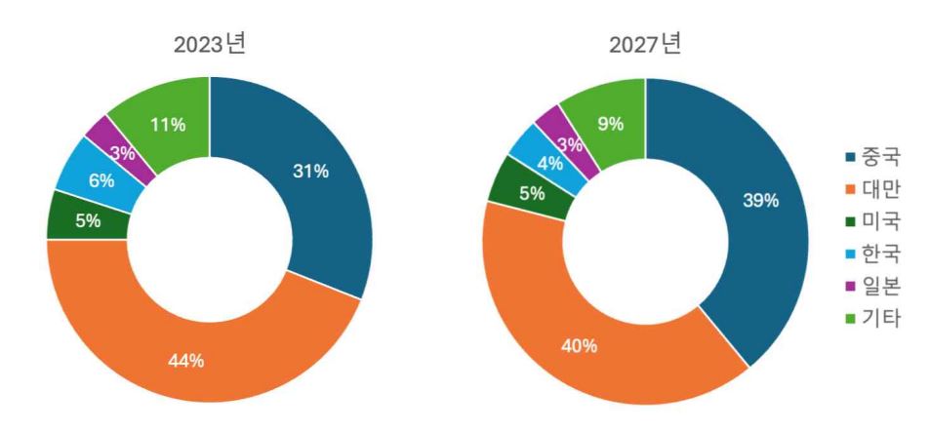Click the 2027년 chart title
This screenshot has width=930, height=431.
[x=645, y=44]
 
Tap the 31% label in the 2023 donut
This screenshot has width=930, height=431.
[x=311, y=172]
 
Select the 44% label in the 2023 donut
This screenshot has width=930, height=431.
[x=185, y=361]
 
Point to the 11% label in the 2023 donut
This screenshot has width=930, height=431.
[x=167, y=125]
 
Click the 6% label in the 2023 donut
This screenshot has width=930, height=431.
[x=101, y=180]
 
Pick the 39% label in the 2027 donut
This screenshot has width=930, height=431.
[x=760, y=201]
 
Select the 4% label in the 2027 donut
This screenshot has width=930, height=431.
[x=548, y=163]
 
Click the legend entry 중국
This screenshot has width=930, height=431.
[x=873, y=157]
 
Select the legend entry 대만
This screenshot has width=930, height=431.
[x=873, y=189]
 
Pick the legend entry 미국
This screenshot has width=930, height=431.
[x=873, y=221]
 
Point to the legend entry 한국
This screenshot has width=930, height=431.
[x=873, y=254]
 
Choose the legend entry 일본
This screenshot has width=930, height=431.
[x=873, y=286]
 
